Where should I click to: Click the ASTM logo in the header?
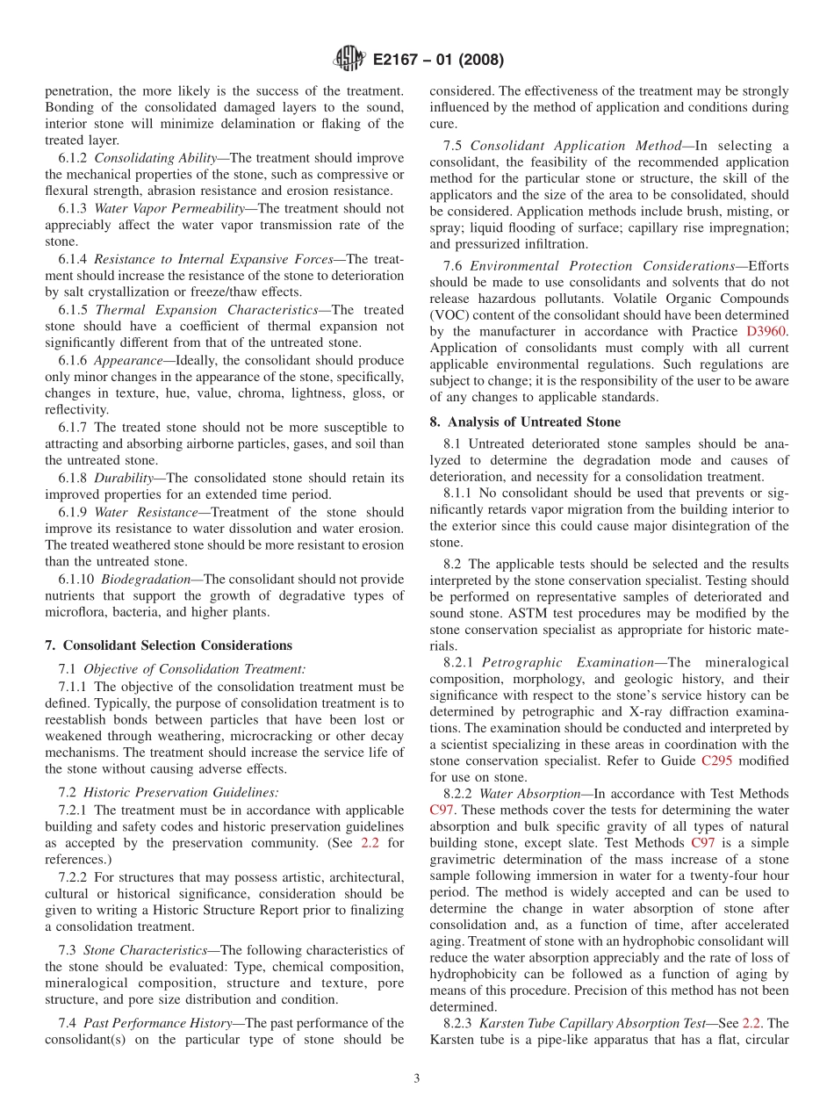coord(349,60)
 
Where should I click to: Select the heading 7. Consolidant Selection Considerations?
coord(169,645)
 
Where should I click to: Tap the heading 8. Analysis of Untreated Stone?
coord(525,422)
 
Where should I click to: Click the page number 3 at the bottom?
coord(417,1079)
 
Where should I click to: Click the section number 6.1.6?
coord(74,361)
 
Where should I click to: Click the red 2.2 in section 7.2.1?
coord(370,843)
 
